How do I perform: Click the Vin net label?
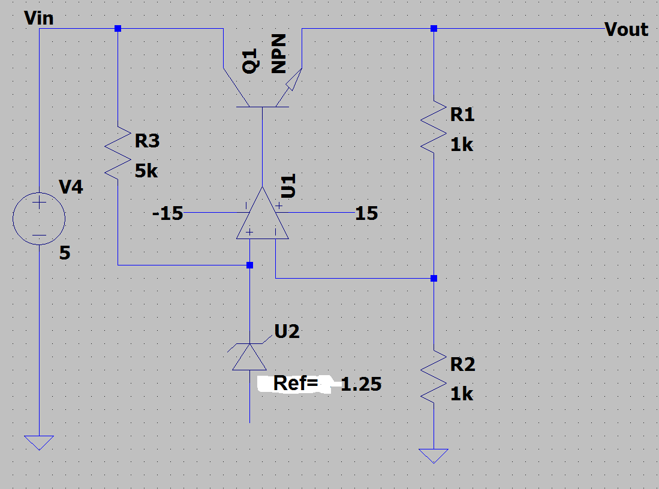[x=39, y=18]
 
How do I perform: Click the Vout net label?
[x=626, y=29]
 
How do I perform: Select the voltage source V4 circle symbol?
[x=39, y=219]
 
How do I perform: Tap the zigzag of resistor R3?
[x=118, y=153]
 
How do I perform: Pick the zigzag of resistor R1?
[x=434, y=127]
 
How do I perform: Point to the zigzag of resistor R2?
[x=434, y=377]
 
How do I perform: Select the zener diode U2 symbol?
[x=250, y=356]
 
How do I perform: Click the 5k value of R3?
[x=146, y=171]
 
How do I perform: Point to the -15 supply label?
[x=168, y=213]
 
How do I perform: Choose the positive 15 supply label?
[x=366, y=213]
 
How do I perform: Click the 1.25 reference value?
[x=360, y=384]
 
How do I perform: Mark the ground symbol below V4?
[x=39, y=443]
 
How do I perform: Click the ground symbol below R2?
[x=434, y=456]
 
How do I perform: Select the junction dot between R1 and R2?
[x=434, y=278]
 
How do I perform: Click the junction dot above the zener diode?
[x=250, y=265]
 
